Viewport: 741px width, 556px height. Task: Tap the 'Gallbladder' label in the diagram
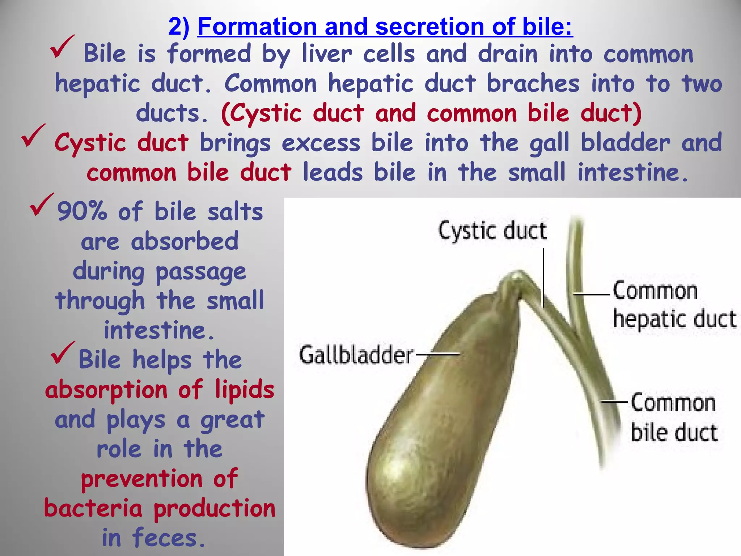pos(356,355)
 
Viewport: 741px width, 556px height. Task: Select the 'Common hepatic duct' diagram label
pos(674,305)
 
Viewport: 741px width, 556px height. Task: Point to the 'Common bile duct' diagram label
pos(674,417)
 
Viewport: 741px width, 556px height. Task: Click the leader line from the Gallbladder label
pos(437,354)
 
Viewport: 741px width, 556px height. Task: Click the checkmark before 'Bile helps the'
pos(63,353)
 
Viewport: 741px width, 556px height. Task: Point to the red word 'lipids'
pos(245,390)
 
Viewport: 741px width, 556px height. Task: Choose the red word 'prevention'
pos(141,479)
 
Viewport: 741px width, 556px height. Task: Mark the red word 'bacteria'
pos(93,508)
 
